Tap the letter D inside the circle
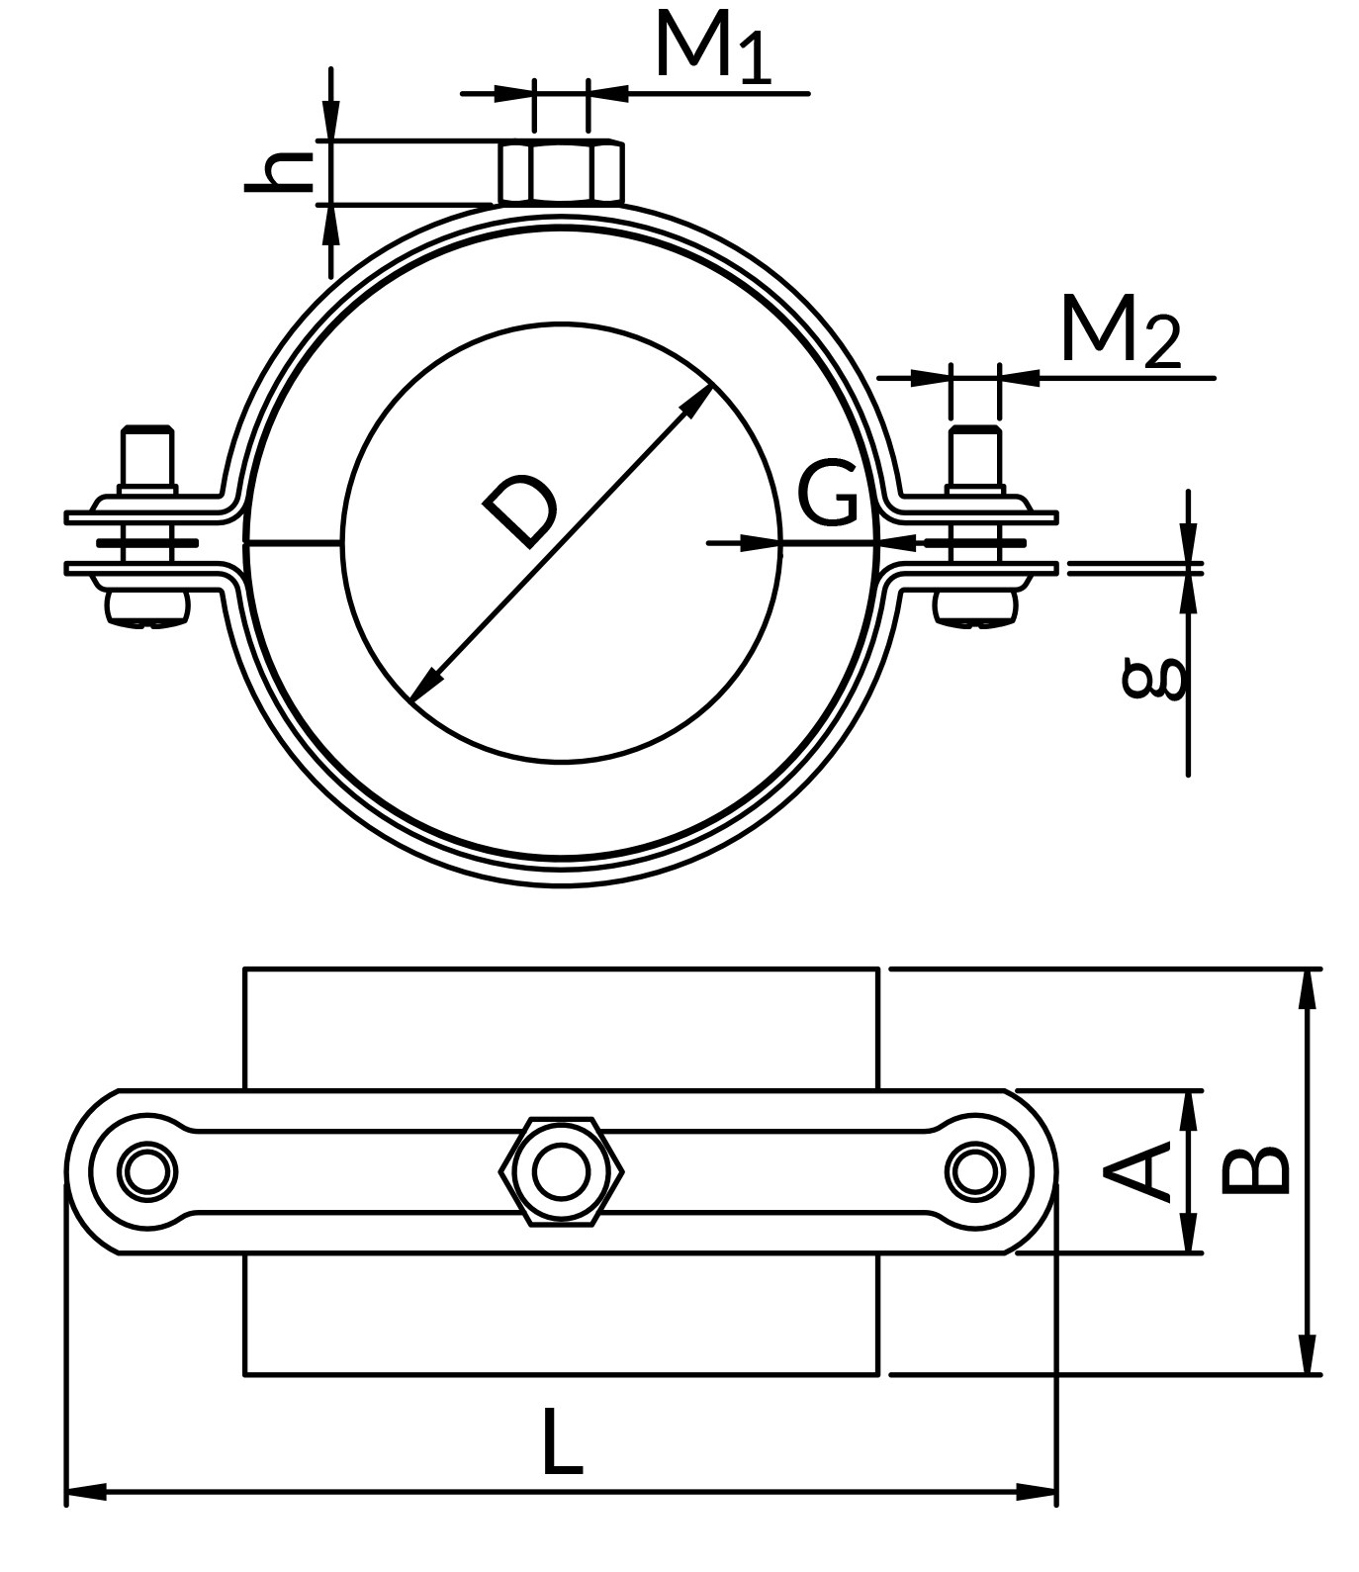[x=521, y=510]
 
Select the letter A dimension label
[x=1136, y=1170]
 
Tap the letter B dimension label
[x=1255, y=1170]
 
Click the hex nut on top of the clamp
[x=562, y=172]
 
